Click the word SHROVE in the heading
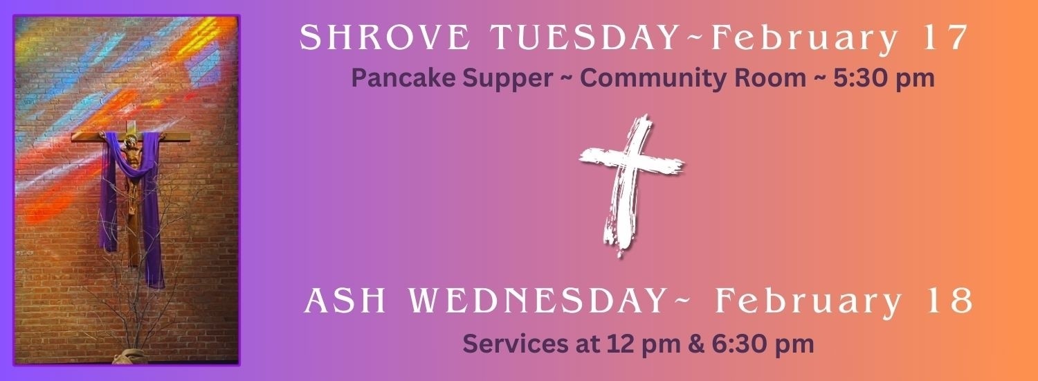(385, 37)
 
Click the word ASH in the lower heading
(345, 301)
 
